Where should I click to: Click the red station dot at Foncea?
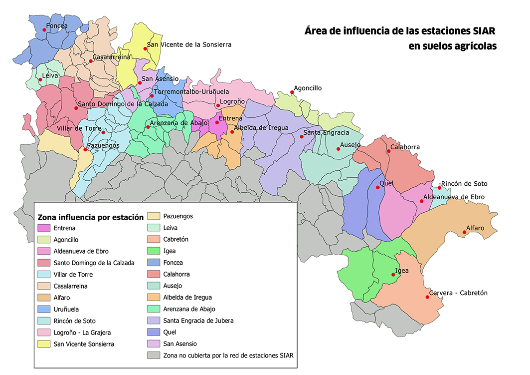[x=44, y=30]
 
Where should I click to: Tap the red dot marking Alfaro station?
[x=465, y=232]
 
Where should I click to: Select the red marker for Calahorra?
[x=388, y=151]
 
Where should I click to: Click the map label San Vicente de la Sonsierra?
[x=189, y=44]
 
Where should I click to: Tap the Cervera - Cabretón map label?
[x=458, y=293]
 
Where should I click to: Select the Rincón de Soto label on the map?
[x=464, y=184]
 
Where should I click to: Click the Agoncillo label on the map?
[x=308, y=88]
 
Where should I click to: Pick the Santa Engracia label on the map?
[x=326, y=133]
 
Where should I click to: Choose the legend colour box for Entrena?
[x=44, y=228]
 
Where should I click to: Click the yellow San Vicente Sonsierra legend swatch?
[x=44, y=344]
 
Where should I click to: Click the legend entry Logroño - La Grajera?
[x=82, y=333]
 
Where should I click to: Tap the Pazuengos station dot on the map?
[x=85, y=149]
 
